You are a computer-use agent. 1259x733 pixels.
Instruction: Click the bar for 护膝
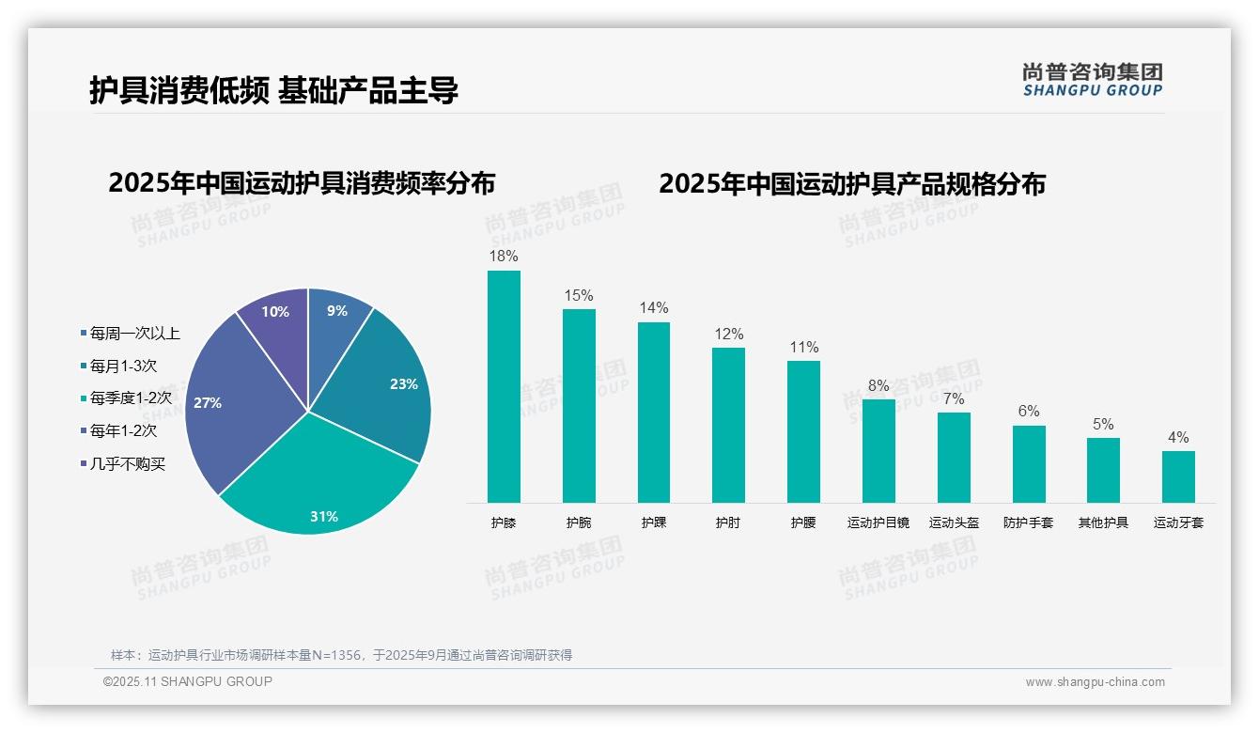[504, 386]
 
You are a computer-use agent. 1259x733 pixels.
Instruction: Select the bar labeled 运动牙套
[1178, 476]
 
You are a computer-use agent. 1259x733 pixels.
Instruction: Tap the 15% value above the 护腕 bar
[579, 295]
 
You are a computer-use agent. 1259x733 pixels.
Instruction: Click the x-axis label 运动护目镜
[878, 522]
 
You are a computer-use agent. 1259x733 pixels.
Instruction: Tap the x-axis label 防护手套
[1028, 522]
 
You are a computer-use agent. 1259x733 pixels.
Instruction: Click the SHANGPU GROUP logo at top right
[1092, 79]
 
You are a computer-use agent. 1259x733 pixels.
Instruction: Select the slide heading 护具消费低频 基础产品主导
[273, 90]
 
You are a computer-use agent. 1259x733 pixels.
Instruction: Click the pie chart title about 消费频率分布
[302, 182]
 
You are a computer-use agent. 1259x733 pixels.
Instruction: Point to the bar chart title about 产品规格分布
[851, 183]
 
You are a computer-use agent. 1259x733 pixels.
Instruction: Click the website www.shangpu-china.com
[1095, 682]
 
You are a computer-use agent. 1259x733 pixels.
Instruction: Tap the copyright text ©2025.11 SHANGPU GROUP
[187, 681]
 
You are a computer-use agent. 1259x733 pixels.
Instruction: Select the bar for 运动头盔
[954, 457]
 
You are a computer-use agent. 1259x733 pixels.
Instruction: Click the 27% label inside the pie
[208, 402]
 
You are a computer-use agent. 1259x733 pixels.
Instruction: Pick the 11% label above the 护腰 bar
[803, 347]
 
